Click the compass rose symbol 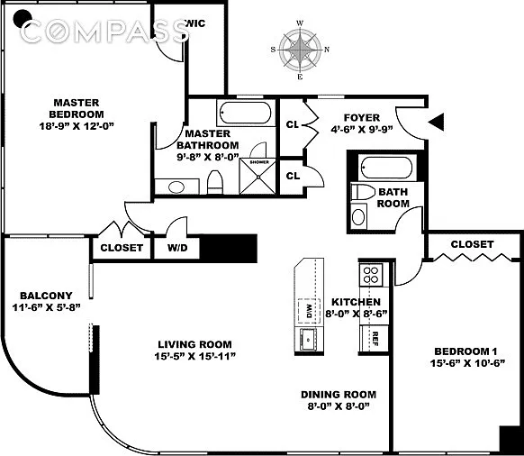[x=300, y=50]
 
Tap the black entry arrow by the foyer [x=437, y=122]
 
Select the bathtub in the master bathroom [x=246, y=113]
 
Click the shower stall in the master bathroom [x=257, y=177]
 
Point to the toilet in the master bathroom [x=215, y=182]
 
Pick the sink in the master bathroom [x=176, y=187]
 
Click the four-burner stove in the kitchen [x=371, y=275]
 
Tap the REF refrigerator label [x=375, y=339]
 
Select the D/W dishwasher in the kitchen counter [x=309, y=311]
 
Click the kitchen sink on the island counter [x=309, y=339]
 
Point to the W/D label [x=177, y=248]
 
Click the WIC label [x=195, y=23]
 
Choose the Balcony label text [x=46, y=296]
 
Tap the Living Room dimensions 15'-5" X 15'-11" [x=195, y=357]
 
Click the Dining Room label [x=339, y=395]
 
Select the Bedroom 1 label [x=465, y=351]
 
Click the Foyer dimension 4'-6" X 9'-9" [x=362, y=130]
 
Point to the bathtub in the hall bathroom [x=387, y=167]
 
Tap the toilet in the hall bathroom [x=363, y=192]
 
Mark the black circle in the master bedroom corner [x=23, y=18]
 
